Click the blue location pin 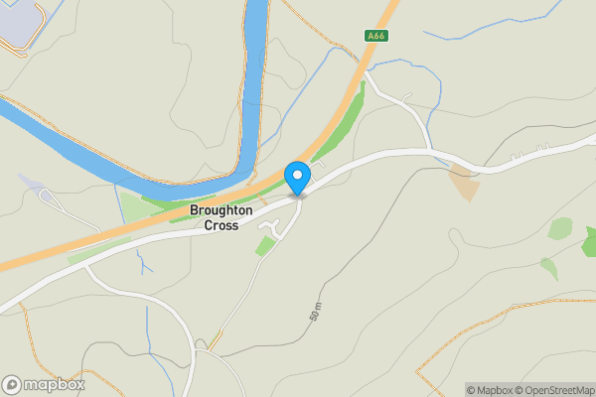pos(297,178)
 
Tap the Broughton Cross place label pos(222,218)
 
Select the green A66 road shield pos(374,37)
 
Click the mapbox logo pos(44,384)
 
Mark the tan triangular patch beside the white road pos(463,185)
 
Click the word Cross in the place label pos(222,226)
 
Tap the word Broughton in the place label pos(222,211)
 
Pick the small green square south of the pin pos(264,246)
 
